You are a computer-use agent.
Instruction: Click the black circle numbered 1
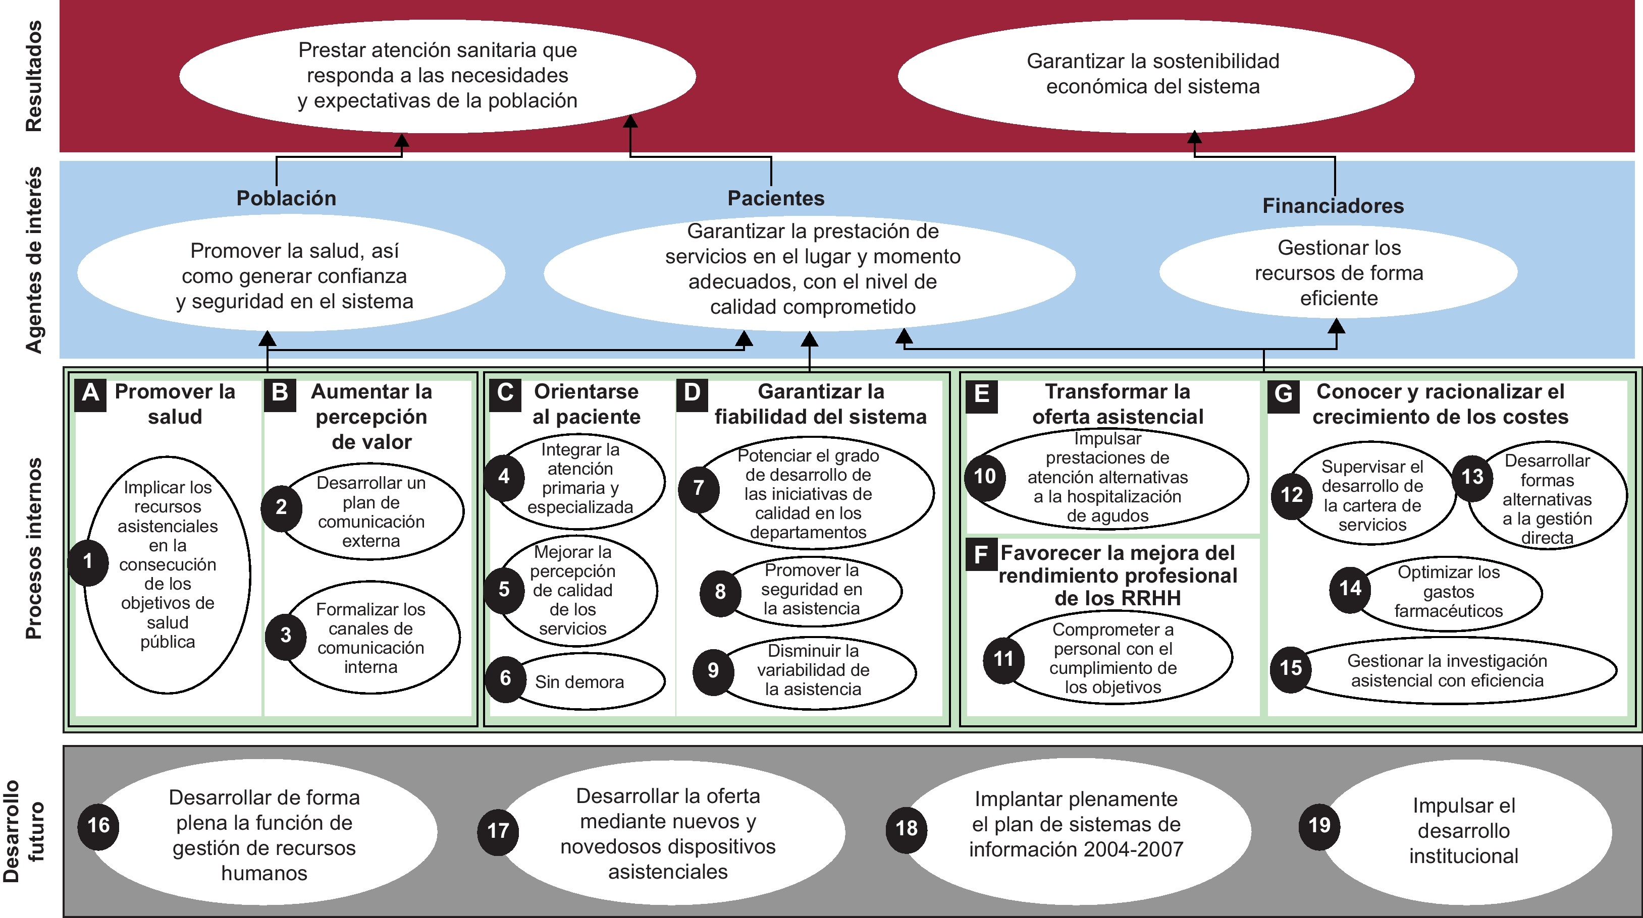(x=88, y=561)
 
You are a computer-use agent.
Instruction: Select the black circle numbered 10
(x=985, y=476)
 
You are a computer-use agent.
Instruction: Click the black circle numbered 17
(x=498, y=831)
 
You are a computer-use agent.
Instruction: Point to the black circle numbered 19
(x=1319, y=826)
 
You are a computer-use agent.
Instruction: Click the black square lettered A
(x=90, y=393)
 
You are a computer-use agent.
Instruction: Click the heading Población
(x=286, y=198)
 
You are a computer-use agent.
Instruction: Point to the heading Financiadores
(x=1333, y=206)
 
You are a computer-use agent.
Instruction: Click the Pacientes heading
(x=776, y=198)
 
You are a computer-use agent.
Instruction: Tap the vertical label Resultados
(x=33, y=77)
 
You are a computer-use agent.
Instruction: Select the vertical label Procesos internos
(x=33, y=548)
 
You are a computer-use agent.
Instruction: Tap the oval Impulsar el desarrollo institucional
(x=1463, y=831)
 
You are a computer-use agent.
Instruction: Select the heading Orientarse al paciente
(x=586, y=404)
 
